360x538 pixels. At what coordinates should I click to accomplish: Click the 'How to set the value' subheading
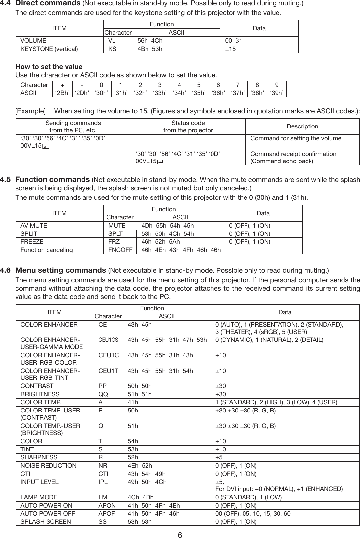49,67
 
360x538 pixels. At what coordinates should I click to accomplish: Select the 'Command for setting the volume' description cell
296,138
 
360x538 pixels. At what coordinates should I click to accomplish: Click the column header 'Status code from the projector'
188,126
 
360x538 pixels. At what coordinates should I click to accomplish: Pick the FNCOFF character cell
120,250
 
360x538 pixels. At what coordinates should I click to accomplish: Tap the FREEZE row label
32,242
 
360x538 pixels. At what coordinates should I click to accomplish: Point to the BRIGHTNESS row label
40,394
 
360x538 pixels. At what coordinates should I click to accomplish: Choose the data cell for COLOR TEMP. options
276,402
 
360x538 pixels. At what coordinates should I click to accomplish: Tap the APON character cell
107,506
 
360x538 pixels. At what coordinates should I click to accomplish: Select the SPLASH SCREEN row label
46,522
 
